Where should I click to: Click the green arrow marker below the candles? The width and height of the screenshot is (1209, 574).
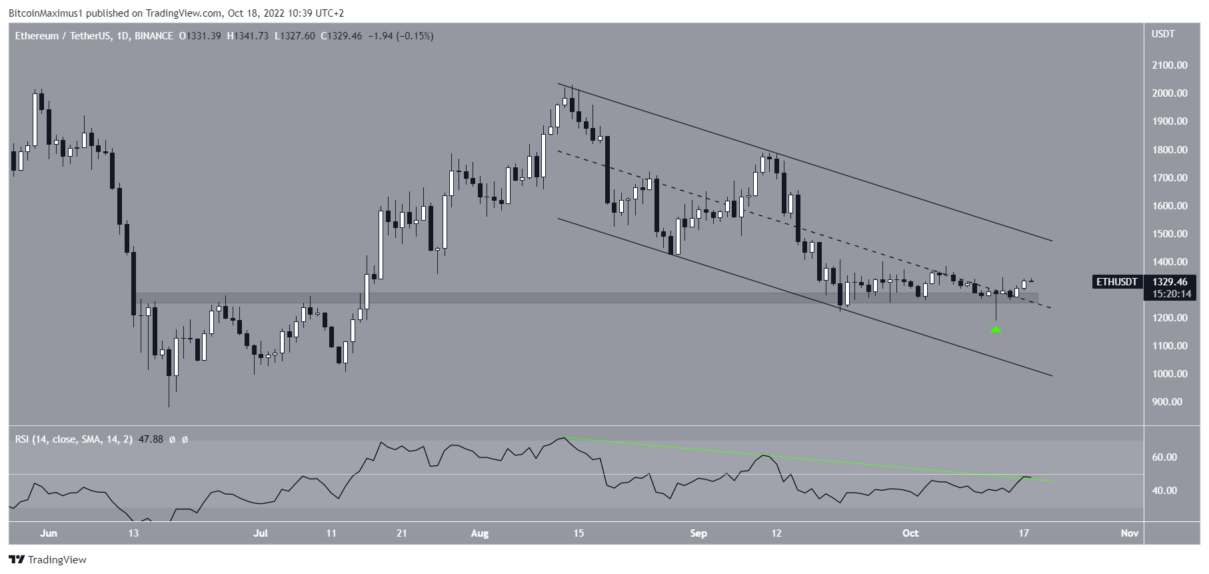[996, 329]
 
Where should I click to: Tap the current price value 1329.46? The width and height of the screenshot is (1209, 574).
[1168, 282]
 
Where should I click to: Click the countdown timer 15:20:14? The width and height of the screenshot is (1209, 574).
[1168, 294]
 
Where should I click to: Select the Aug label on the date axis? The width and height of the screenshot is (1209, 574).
[479, 533]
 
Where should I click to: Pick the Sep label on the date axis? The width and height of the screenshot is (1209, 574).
[698, 533]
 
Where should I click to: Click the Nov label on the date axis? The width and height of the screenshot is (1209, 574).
[1128, 533]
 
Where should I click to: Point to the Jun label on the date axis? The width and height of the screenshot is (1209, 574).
[49, 533]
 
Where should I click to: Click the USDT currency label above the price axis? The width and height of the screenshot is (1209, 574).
[1163, 34]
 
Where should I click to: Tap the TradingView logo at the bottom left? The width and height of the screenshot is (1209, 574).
[47, 560]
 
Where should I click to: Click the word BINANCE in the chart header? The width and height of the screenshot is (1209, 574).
[153, 36]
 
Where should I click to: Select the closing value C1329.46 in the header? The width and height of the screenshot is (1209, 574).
[341, 36]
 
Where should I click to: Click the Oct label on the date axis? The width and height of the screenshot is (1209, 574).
[910, 533]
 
